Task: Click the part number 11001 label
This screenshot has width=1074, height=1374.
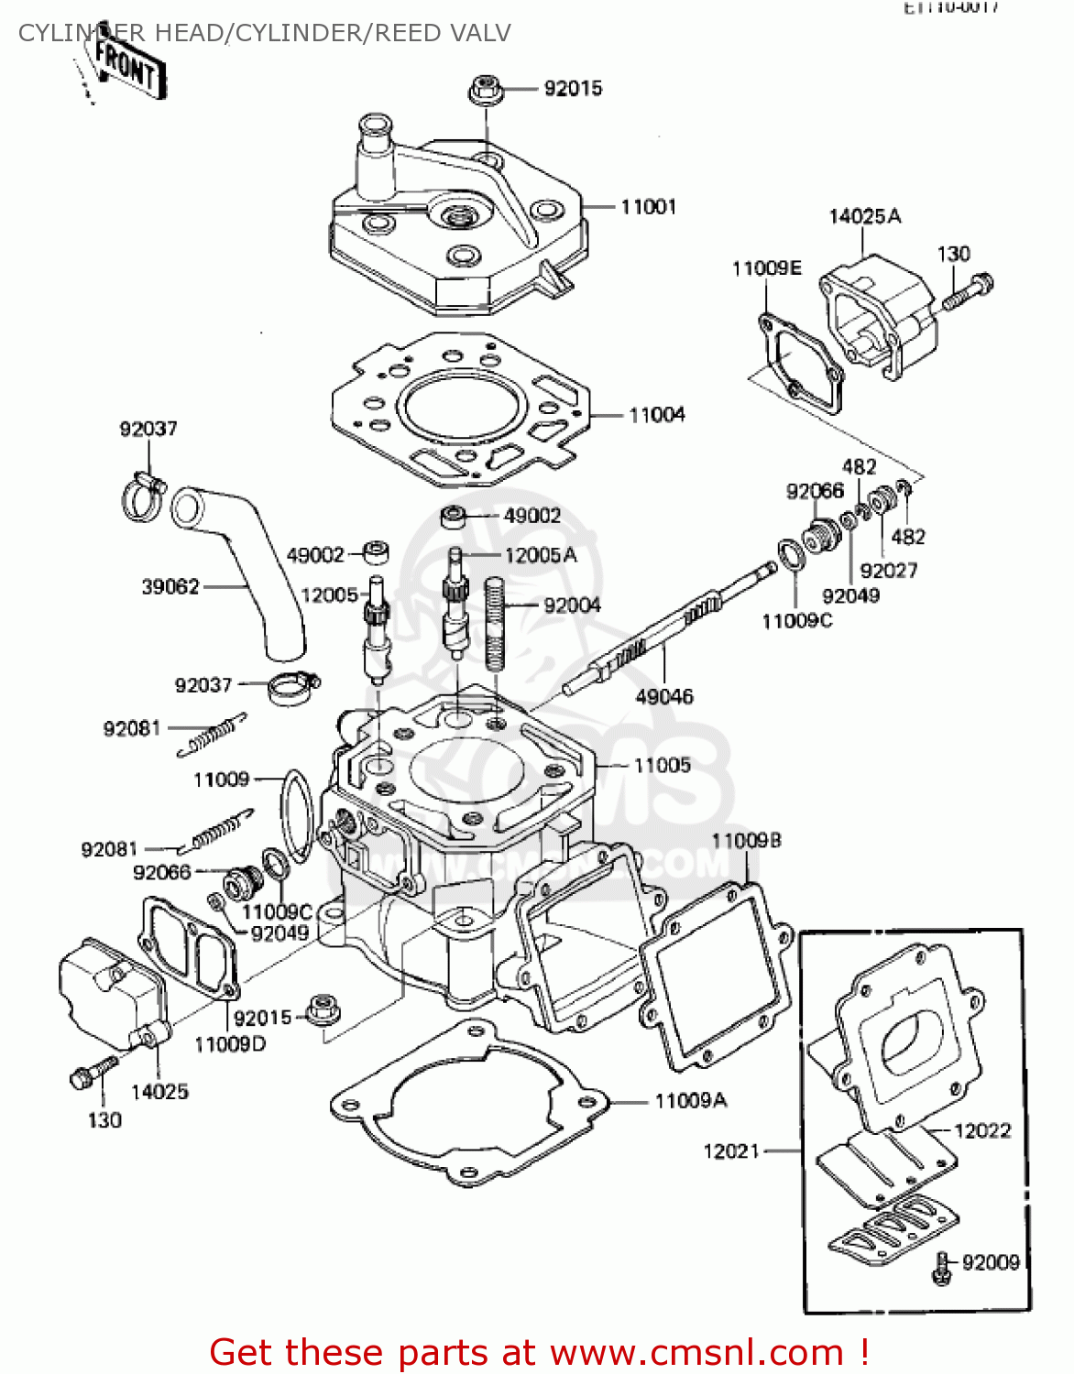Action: coord(648,207)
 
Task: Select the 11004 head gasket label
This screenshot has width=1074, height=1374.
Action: coord(656,415)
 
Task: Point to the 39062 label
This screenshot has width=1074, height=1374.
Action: coord(170,586)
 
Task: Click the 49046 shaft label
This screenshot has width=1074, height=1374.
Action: coord(664,696)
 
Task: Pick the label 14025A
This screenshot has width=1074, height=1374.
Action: coord(864,216)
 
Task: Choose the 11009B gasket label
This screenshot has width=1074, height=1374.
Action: coord(746,841)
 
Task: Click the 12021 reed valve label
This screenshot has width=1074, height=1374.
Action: coord(731,1150)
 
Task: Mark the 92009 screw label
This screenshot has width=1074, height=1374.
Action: coord(991,1262)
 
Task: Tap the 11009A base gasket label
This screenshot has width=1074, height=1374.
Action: coord(690,1100)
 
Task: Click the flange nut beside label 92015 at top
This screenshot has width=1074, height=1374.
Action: coord(484,91)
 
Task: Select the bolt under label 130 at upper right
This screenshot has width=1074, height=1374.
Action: coord(968,290)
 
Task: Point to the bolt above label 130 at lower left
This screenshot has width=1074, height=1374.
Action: coord(92,1073)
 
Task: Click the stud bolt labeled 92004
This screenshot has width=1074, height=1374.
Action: coord(496,623)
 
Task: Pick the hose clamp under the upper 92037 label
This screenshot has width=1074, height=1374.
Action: coord(142,496)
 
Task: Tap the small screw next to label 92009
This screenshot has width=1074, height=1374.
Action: coord(941,1268)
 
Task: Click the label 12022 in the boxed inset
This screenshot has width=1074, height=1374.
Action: coord(981,1130)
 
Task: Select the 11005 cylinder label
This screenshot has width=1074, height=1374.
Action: coord(662,765)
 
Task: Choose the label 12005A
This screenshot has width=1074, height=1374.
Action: coord(541,555)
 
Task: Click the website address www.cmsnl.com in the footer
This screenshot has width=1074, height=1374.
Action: coord(696,1352)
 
